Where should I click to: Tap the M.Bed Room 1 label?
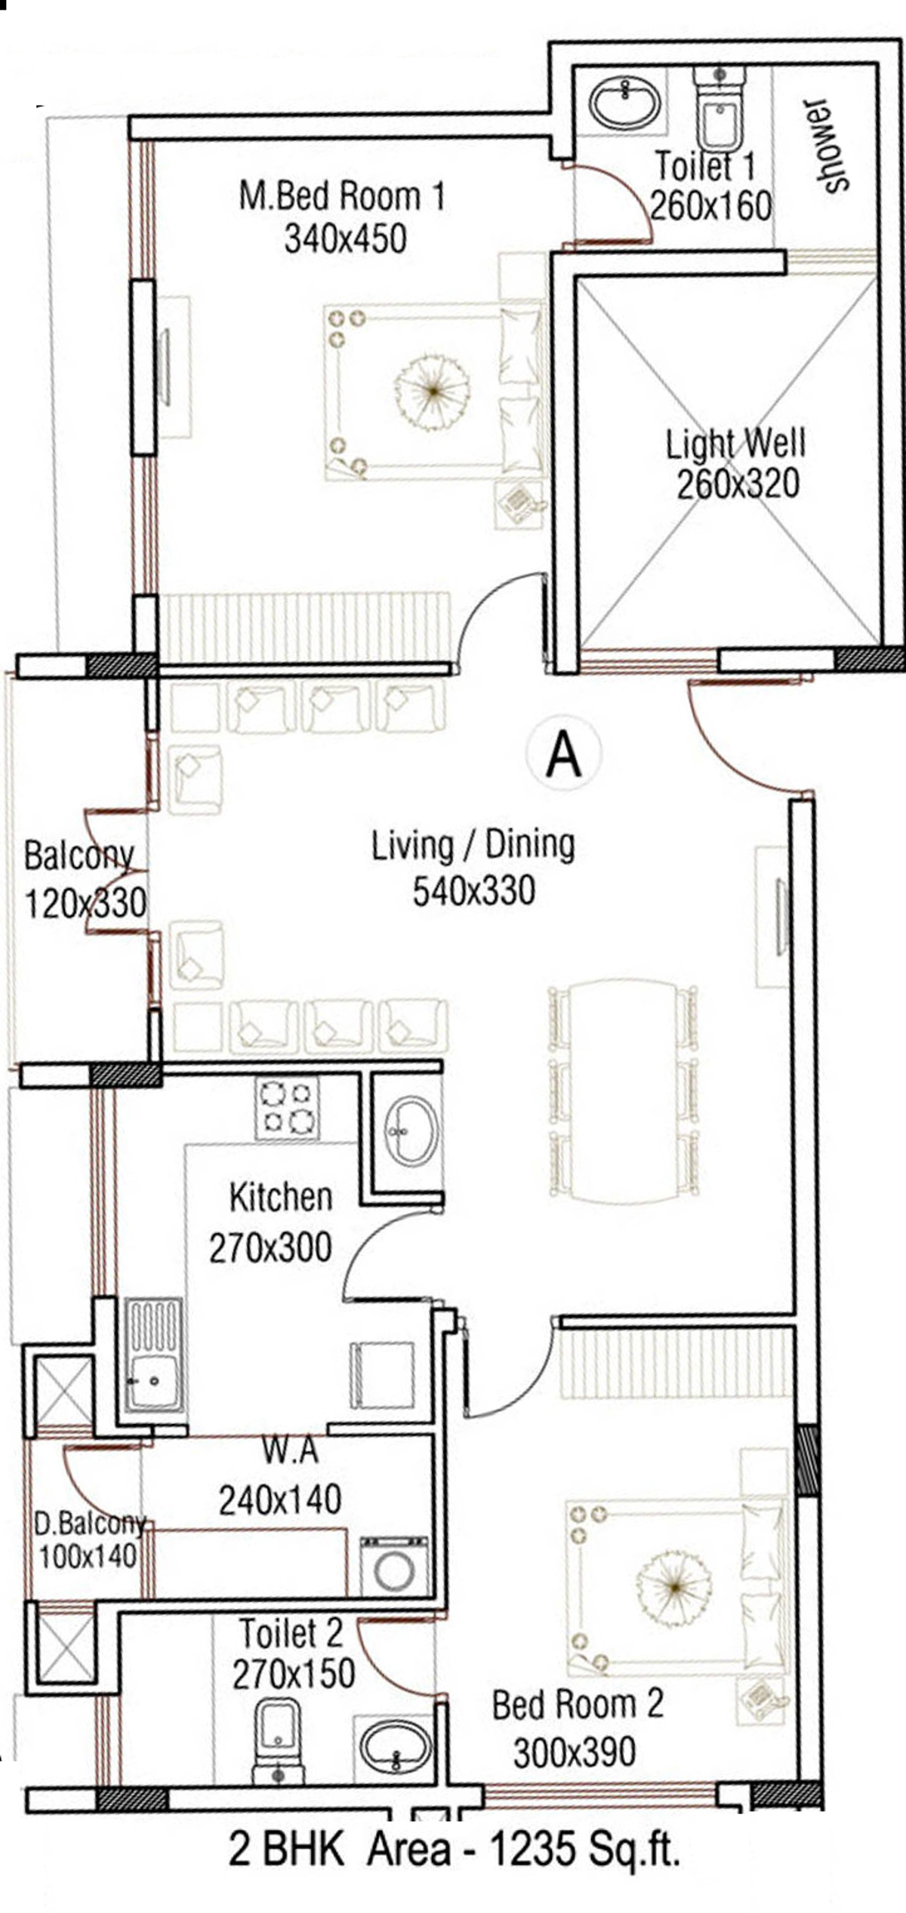click(x=342, y=195)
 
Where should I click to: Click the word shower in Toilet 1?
click(x=830, y=146)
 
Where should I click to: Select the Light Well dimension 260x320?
click(x=738, y=484)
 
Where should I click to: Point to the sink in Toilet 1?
click(x=625, y=101)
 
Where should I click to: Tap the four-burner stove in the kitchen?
click(x=287, y=1107)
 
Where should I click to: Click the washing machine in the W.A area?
click(x=393, y=1566)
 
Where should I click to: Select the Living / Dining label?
click(x=473, y=845)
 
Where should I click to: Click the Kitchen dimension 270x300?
click(x=270, y=1247)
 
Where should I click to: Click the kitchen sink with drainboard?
click(x=154, y=1354)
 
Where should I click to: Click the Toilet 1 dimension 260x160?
click(x=710, y=205)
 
